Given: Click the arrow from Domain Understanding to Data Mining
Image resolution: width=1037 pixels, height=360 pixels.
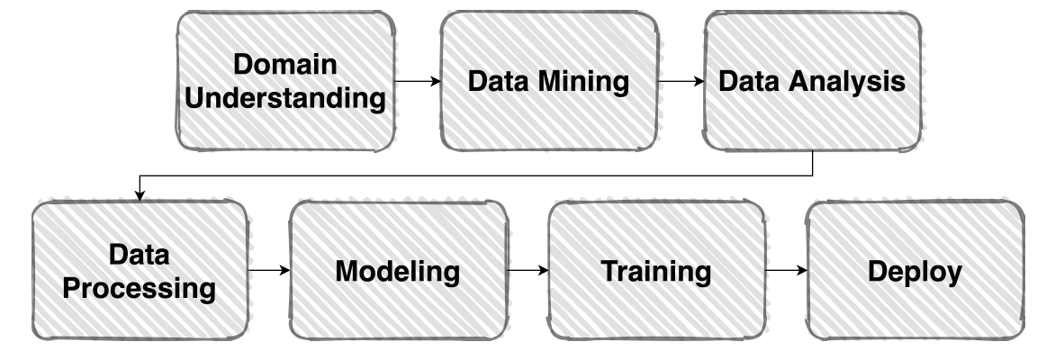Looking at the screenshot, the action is pyautogui.click(x=418, y=82).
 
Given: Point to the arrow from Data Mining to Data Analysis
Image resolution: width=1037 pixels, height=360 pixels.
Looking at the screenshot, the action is pyautogui.click(x=681, y=82).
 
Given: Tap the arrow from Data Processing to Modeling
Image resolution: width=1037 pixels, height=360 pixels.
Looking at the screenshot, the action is pyautogui.click(x=268, y=269).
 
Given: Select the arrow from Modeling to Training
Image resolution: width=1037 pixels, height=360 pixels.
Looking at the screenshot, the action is pyautogui.click(x=528, y=269).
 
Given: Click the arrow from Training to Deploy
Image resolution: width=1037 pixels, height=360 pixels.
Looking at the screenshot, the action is pyautogui.click(x=785, y=269).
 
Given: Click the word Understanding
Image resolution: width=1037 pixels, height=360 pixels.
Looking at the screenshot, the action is pyautogui.click(x=284, y=96).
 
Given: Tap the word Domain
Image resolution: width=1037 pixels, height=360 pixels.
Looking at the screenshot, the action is pyautogui.click(x=284, y=65).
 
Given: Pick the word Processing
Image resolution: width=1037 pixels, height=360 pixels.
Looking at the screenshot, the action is pyautogui.click(x=140, y=289).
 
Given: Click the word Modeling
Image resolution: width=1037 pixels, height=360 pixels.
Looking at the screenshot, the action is pyautogui.click(x=398, y=270).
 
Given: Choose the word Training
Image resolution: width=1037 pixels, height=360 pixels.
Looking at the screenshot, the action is pyautogui.click(x=656, y=270).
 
